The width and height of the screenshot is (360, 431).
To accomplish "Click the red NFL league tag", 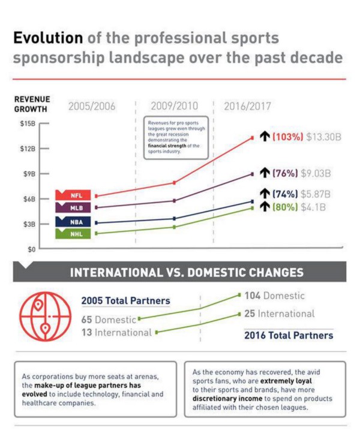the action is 73,195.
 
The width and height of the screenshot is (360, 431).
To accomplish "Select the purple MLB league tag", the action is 73,207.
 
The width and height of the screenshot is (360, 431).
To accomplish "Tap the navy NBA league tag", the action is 73,222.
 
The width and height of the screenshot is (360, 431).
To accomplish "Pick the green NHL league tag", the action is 73,234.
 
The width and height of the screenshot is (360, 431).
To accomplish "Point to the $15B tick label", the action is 28,123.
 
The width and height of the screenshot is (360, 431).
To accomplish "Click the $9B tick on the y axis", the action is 44,174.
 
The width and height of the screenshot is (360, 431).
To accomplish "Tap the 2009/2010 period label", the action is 174,106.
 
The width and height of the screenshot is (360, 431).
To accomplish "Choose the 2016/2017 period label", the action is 247,106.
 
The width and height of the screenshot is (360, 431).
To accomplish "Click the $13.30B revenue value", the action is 323,137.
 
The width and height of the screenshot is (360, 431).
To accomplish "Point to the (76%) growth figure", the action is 285,173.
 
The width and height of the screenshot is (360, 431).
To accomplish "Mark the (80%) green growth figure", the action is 285,207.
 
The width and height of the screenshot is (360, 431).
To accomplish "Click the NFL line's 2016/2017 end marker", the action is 252,138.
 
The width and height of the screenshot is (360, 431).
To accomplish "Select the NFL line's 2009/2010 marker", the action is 174,182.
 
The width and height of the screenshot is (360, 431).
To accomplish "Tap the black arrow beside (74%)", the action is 265,194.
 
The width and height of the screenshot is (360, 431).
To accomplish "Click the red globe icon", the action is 45,317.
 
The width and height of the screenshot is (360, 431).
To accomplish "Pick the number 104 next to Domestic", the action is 253,296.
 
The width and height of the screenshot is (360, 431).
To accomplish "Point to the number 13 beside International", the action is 86,332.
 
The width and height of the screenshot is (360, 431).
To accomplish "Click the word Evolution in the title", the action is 48,38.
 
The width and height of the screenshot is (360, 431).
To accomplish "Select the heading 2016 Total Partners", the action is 289,335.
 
